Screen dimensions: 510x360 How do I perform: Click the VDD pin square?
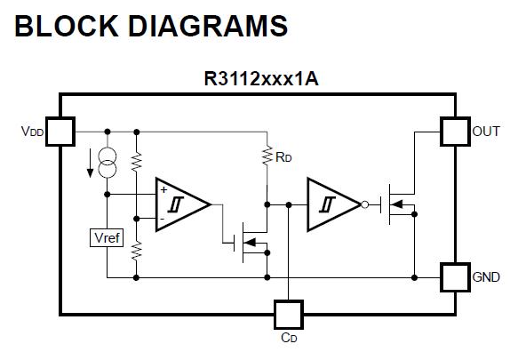coord(60,132)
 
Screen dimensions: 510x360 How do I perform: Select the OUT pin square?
coord(455,132)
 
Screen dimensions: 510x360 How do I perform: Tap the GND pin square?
coord(455,277)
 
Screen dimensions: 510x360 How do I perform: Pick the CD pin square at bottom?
coord(289,315)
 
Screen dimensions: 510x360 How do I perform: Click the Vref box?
coord(107,237)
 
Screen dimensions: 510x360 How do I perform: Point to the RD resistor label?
coord(283,157)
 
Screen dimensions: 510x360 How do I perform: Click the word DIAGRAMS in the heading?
coord(208,26)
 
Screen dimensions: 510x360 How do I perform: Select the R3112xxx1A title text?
coord(261,79)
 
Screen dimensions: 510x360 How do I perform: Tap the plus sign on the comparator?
coord(163,189)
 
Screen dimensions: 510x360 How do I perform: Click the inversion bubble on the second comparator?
coord(365,204)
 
